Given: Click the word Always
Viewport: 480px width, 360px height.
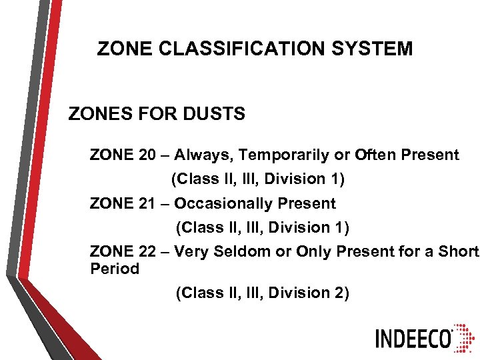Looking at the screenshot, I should [x=204, y=155].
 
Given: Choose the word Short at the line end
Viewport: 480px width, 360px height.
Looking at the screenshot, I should [x=459, y=251].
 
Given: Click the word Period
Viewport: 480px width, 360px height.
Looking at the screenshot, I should [x=115, y=269].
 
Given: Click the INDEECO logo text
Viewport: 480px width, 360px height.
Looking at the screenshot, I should [x=414, y=339].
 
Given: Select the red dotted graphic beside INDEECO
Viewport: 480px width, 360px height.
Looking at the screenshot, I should [x=465, y=339].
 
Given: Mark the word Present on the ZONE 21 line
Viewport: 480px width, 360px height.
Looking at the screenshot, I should [x=307, y=203].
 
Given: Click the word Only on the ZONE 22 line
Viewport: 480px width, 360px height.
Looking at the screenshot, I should [x=313, y=251].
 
